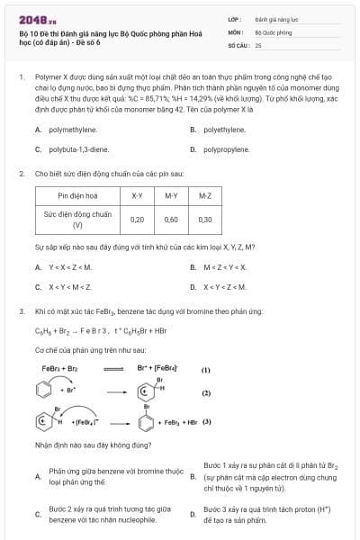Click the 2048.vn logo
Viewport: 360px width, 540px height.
[37, 18]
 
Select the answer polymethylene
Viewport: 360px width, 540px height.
[73, 130]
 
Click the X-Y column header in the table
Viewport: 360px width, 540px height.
[137, 194]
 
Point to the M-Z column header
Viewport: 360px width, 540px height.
[204, 194]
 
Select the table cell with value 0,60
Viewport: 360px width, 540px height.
[171, 219]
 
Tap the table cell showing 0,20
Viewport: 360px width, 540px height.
[137, 219]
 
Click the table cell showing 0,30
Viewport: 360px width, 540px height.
[204, 219]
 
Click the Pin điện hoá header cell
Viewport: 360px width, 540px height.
[76, 194]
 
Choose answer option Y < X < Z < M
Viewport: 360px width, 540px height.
[70, 267]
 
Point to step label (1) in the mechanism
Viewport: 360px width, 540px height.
[205, 370]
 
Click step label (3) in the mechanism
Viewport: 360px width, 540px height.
[206, 421]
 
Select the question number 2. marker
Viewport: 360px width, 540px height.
[21, 173]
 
